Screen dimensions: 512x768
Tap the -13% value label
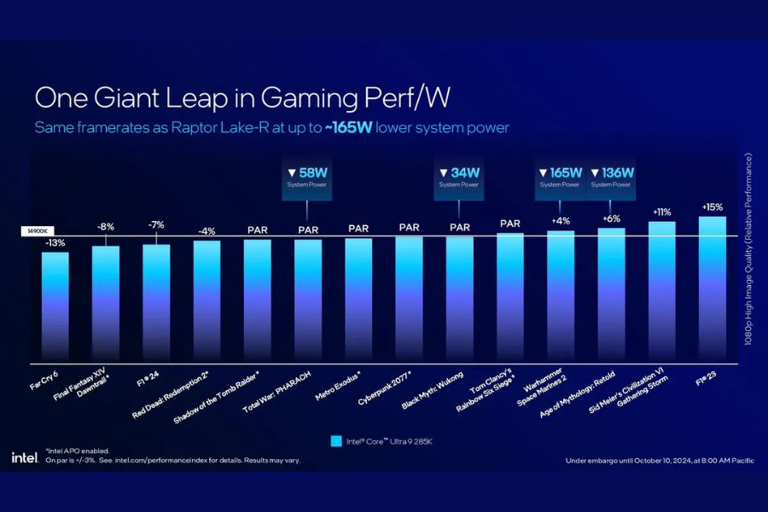click(x=55, y=243)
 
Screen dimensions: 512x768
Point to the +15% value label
click(x=713, y=207)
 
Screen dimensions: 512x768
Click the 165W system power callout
click(x=560, y=177)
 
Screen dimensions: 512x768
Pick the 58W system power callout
click(x=308, y=177)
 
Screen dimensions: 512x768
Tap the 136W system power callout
click(x=611, y=177)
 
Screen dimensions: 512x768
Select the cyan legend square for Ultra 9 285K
click(x=335, y=441)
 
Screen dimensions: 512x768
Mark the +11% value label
click(x=662, y=212)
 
